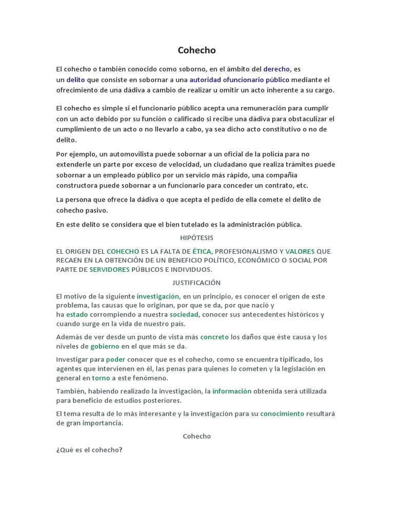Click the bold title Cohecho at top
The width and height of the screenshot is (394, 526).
pyautogui.click(x=196, y=50)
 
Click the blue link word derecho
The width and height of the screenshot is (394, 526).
pyautogui.click(x=277, y=69)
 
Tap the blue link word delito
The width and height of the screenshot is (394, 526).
pyautogui.click(x=76, y=80)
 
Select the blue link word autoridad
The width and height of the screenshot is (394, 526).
pyautogui.click(x=205, y=80)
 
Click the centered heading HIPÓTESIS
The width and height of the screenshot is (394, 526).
pyautogui.click(x=196, y=238)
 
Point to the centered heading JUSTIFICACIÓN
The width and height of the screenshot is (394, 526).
pyautogui.click(x=196, y=283)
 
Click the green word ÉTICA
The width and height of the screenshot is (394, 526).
pyautogui.click(x=202, y=251)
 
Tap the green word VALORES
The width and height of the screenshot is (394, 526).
pyautogui.click(x=300, y=251)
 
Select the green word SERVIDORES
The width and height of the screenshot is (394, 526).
pyautogui.click(x=109, y=269)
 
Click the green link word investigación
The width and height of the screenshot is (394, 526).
pyautogui.click(x=158, y=296)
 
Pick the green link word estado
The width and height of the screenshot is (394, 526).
pyautogui.click(x=77, y=314)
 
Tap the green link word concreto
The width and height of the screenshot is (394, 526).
pyautogui.click(x=214, y=337)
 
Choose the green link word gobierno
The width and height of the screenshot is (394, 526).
pyautogui.click(x=105, y=346)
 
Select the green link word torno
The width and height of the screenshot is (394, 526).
pyautogui.click(x=101, y=378)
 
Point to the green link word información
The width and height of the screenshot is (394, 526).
pyautogui.click(x=232, y=391)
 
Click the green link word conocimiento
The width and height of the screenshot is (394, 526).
pyautogui.click(x=282, y=414)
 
